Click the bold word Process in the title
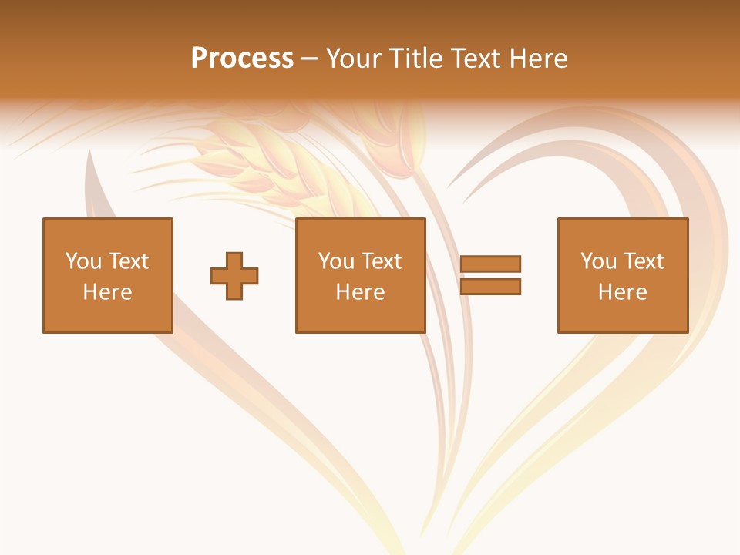(x=242, y=59)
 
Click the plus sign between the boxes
(x=234, y=276)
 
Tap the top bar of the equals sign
(x=490, y=264)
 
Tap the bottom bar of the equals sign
(x=490, y=287)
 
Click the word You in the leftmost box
(x=82, y=261)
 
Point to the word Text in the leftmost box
(x=127, y=261)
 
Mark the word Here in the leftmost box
(x=107, y=292)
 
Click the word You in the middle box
(x=335, y=261)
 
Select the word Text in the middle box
(x=380, y=261)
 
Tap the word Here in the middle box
(x=360, y=292)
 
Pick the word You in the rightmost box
(x=597, y=261)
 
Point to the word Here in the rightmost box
(x=622, y=292)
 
